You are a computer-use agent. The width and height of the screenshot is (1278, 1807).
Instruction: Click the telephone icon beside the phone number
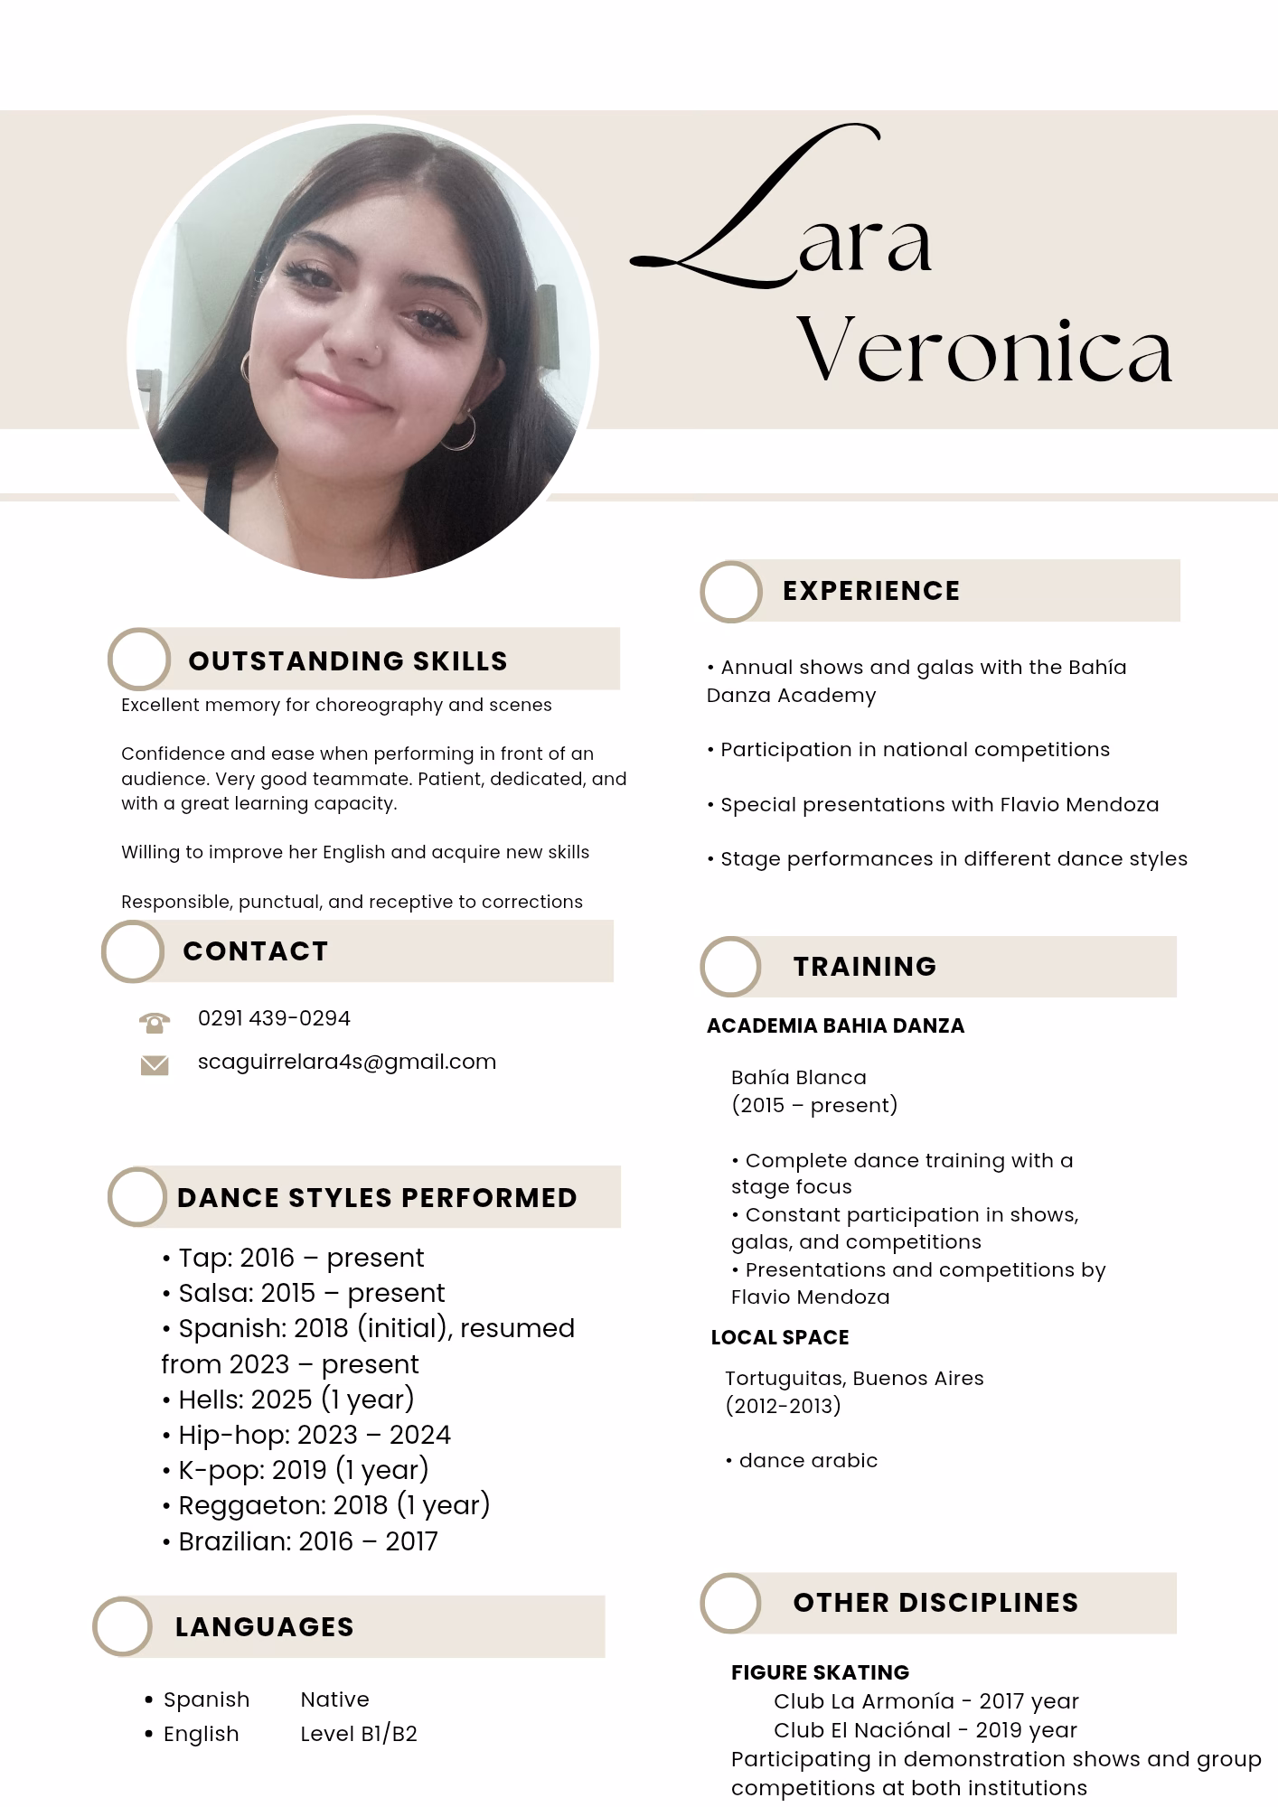tap(155, 1022)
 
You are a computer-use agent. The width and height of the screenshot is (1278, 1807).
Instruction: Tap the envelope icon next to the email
tap(155, 1066)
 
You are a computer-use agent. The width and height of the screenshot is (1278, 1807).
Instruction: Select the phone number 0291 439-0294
tap(274, 1018)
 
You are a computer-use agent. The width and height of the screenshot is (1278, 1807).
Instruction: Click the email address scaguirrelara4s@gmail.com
tap(347, 1062)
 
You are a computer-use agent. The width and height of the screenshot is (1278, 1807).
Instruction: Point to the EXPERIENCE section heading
tap(871, 591)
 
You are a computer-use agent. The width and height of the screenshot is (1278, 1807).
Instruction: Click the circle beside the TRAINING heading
tap(730, 967)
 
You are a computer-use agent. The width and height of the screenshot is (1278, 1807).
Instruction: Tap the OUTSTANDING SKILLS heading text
tap(348, 661)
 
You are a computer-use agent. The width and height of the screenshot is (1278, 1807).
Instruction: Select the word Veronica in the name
tap(984, 351)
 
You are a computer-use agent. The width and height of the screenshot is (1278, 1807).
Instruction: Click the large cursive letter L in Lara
tap(741, 217)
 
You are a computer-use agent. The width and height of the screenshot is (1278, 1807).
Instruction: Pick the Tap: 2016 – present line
tap(292, 1258)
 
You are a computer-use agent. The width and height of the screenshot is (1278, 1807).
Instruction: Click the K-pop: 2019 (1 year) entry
tap(295, 1470)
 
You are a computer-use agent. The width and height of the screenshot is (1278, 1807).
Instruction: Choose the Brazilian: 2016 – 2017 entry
tap(299, 1541)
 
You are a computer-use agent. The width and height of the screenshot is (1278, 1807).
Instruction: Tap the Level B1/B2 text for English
tap(359, 1734)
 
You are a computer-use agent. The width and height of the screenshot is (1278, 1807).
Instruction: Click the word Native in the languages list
tap(334, 1699)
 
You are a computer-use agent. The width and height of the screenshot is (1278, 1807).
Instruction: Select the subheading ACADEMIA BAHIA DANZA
tap(835, 1026)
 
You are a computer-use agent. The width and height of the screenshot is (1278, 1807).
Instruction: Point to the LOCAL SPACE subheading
tap(780, 1338)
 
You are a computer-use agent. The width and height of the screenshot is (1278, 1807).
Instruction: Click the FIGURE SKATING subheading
tap(820, 1672)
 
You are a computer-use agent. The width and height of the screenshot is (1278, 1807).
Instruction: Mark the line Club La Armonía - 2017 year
tap(926, 1701)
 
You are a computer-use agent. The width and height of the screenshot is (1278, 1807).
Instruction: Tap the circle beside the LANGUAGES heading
tap(122, 1627)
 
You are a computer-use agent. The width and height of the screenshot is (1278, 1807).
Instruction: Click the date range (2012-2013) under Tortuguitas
tap(783, 1406)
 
